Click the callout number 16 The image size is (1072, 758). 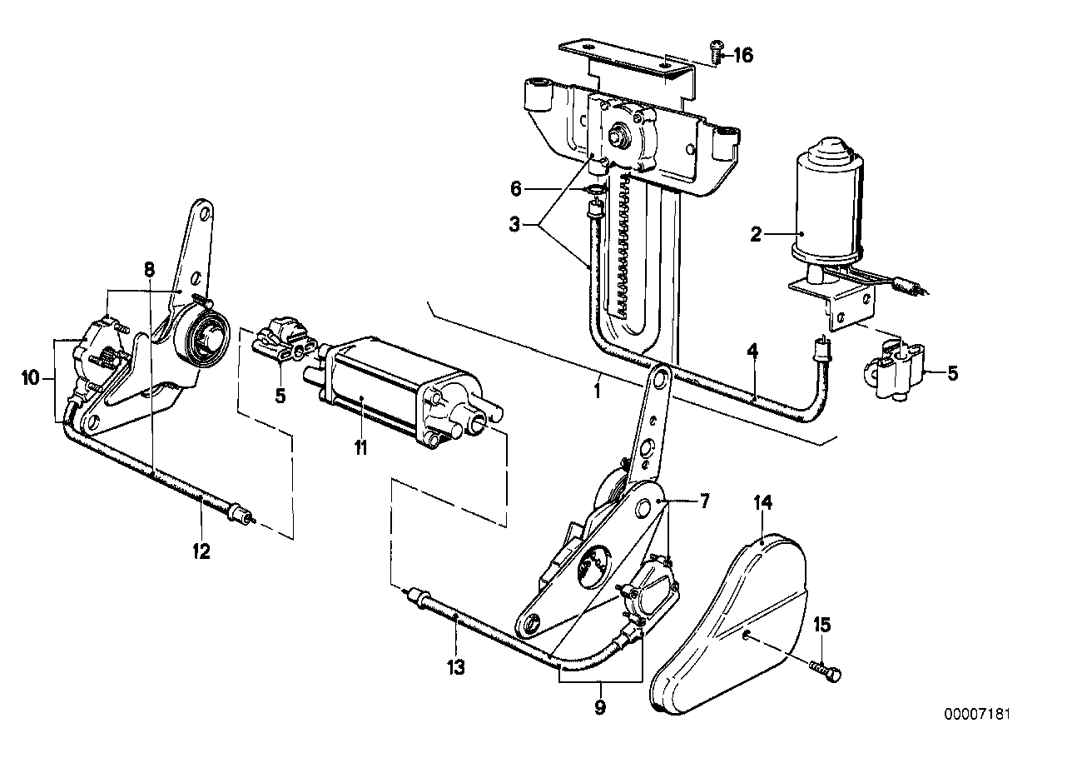742,56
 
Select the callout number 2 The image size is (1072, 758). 756,235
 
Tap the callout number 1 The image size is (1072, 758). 597,388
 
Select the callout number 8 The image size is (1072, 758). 149,269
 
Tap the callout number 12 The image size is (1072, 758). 201,550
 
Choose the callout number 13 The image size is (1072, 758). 456,667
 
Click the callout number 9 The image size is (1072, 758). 600,709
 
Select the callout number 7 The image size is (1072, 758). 704,501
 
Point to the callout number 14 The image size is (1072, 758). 763,501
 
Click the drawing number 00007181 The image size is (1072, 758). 980,714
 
